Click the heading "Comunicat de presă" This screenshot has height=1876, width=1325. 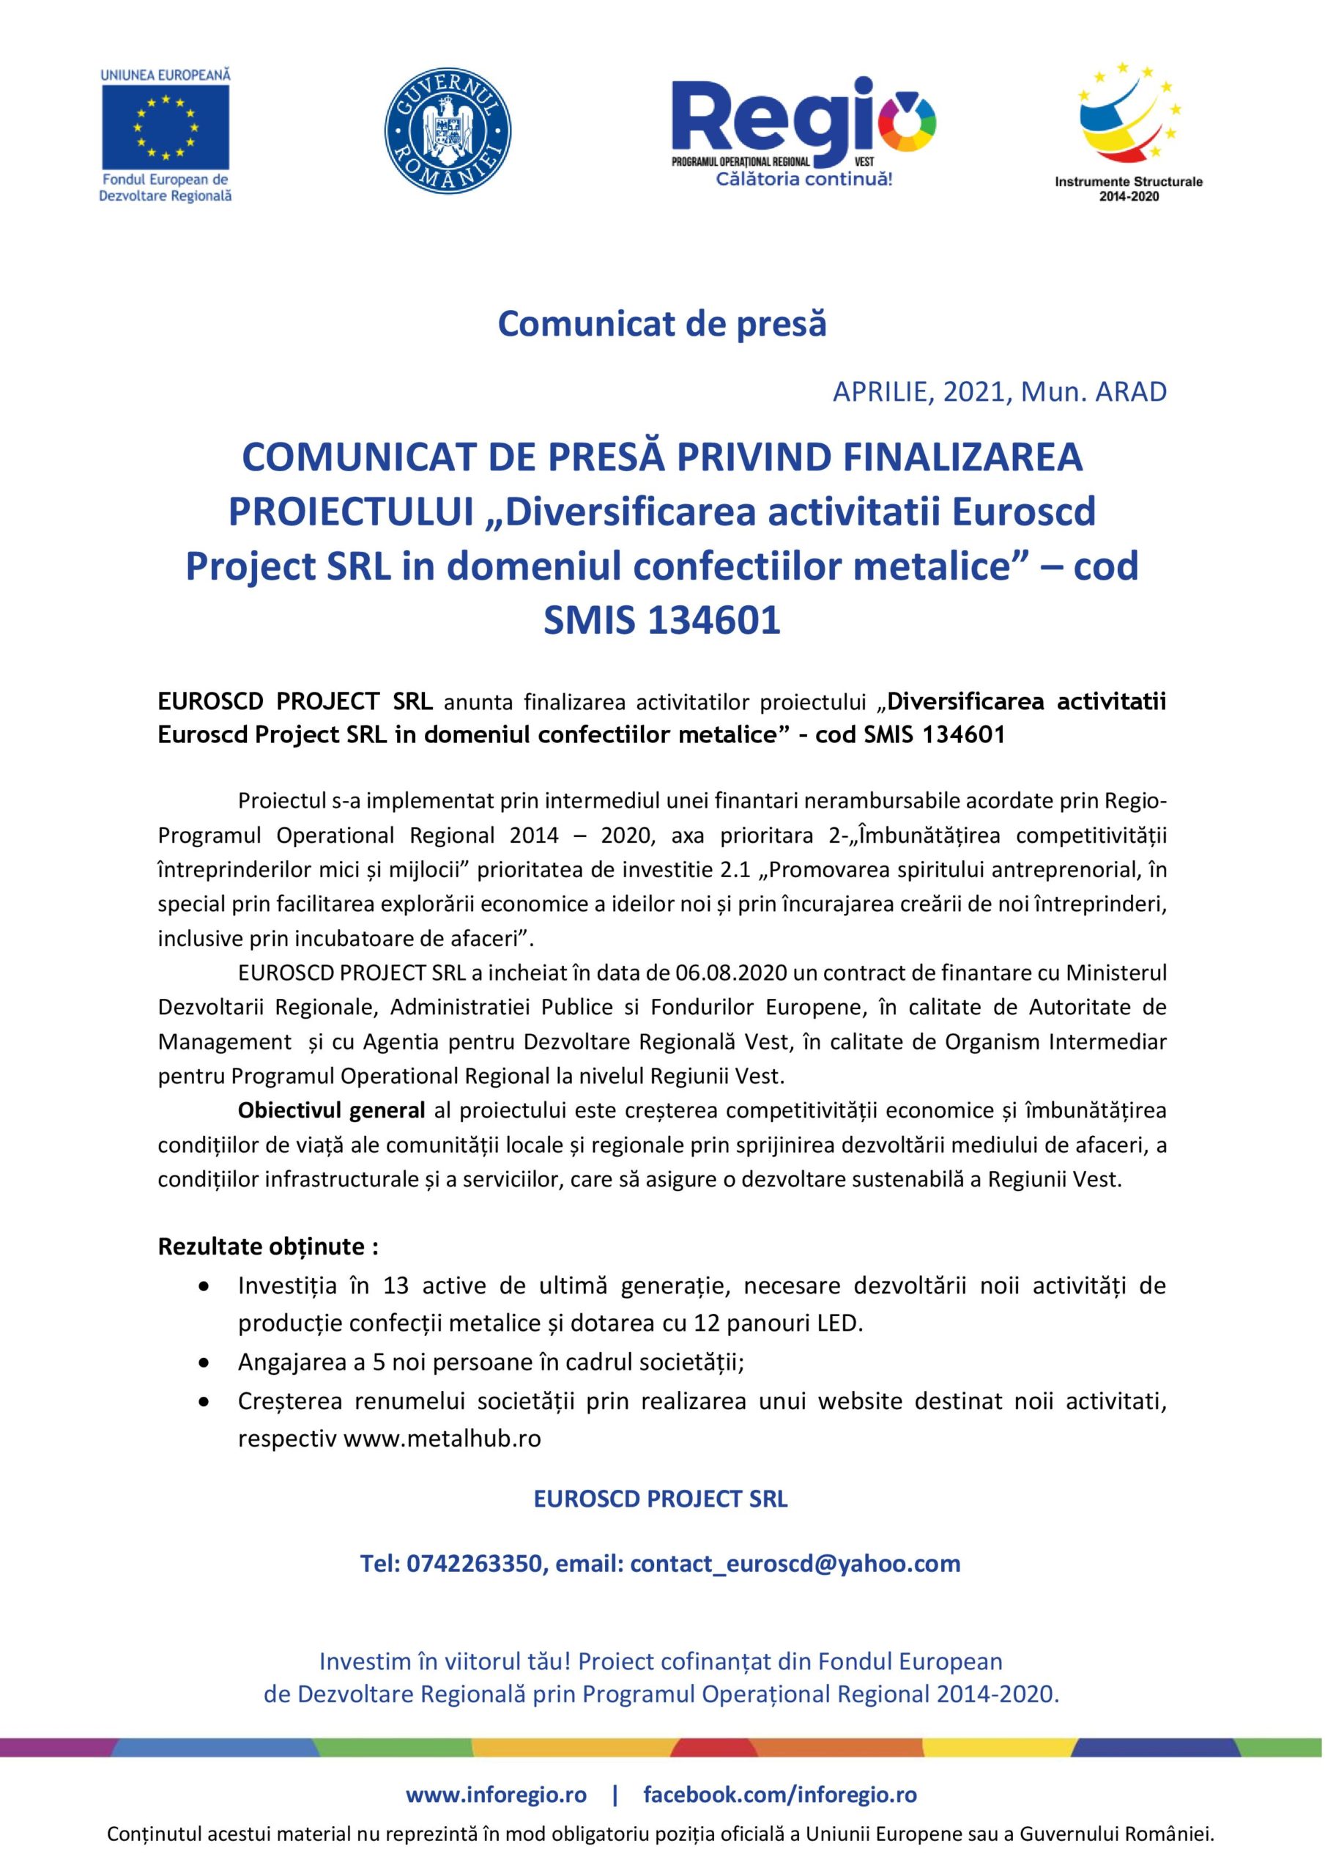pos(661,324)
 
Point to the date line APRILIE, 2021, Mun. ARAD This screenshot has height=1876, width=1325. pos(999,392)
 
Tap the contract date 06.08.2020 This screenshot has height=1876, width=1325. pos(731,973)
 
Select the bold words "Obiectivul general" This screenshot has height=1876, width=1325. pos(331,1110)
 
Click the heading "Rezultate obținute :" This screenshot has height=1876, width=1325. pos(268,1247)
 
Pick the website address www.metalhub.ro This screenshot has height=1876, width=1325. pos(442,1438)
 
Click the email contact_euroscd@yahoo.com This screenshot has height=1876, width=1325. pos(795,1564)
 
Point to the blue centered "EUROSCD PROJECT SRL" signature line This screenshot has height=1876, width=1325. pos(660,1499)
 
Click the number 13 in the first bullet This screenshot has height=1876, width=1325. pos(396,1286)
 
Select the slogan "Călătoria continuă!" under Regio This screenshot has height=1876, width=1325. pos(803,179)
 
